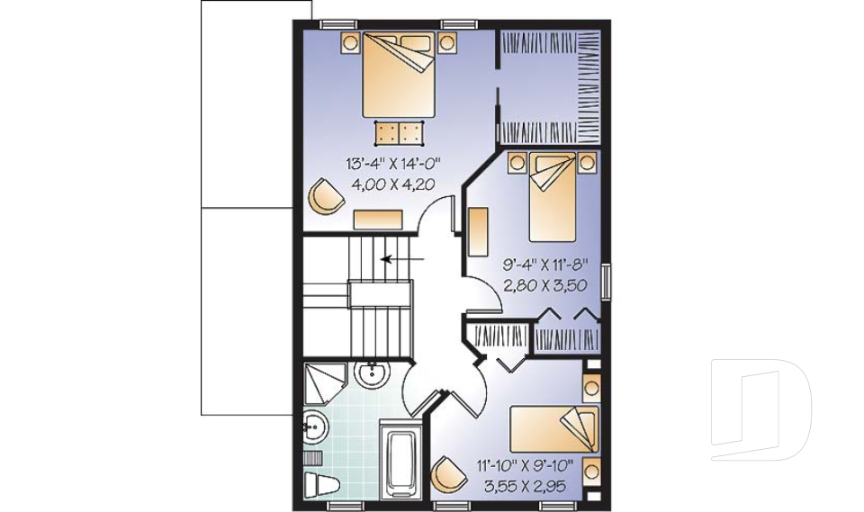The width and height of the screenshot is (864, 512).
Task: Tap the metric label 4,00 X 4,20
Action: pos(393,184)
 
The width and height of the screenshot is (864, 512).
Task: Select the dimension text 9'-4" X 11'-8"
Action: pos(545,265)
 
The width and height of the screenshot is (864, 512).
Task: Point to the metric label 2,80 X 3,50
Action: pos(545,285)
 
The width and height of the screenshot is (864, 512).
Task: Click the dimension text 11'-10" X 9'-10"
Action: pos(525,466)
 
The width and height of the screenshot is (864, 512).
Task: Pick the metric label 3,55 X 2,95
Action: pos(525,486)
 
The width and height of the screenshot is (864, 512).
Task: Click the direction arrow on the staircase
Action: pos(403,258)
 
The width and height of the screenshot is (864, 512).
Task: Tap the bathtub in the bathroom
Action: pos(401,458)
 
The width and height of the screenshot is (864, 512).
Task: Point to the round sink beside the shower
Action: pos(373,374)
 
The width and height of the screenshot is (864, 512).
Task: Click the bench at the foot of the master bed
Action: pos(399,133)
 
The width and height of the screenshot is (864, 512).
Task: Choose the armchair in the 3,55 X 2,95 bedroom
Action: pos(449,473)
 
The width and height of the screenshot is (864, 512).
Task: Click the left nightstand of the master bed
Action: pos(350,41)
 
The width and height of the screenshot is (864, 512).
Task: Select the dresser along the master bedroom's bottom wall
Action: pos(378,219)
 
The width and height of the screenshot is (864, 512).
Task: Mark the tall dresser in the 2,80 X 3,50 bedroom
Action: pos(478,231)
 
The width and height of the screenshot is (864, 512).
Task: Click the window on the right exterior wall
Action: pos(606,282)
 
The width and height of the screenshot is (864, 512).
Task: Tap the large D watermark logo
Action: pos(760,409)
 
